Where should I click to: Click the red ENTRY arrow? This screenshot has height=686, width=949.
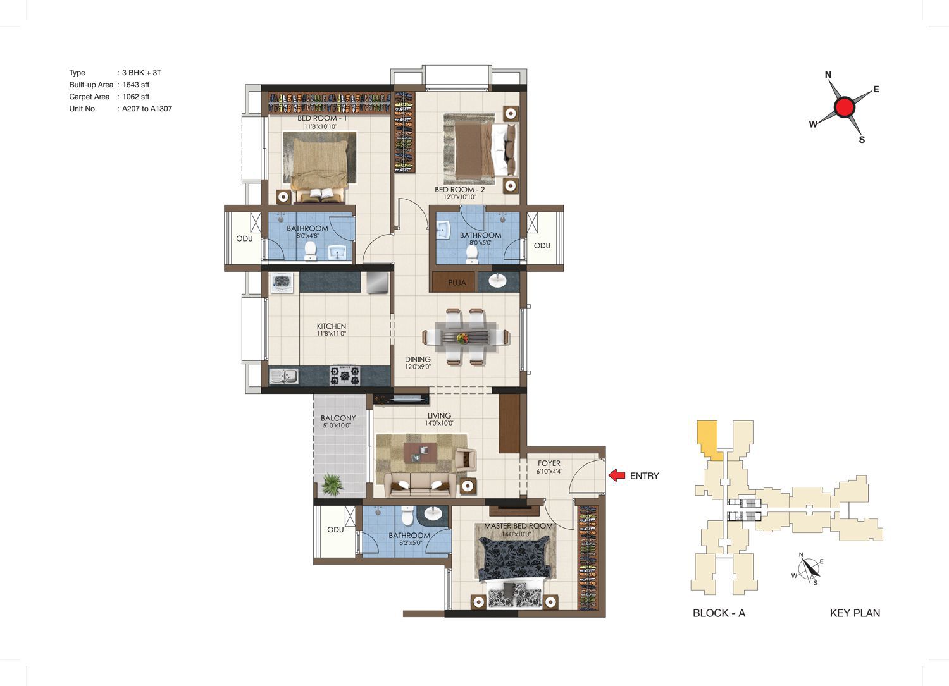[617, 475]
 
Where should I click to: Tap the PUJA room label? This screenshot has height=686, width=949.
[457, 283]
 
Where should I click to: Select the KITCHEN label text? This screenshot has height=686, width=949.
[332, 326]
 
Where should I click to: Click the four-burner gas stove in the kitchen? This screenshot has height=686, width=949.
[345, 375]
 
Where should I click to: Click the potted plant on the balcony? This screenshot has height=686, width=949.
[333, 484]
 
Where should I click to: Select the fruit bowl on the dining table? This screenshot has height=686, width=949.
[462, 338]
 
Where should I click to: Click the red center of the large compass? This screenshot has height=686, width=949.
[845, 107]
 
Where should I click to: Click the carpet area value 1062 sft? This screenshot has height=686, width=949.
[135, 97]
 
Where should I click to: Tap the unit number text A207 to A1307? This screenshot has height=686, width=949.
[147, 109]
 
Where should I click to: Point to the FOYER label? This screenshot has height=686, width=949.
[549, 463]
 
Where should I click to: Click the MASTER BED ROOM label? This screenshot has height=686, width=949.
[518, 526]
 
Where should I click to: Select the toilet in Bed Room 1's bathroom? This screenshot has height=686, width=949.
[311, 250]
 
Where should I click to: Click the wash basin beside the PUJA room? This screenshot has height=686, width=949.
[497, 280]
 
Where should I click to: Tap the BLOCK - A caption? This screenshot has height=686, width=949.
[719, 613]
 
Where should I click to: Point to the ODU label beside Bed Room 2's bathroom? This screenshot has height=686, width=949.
[542, 245]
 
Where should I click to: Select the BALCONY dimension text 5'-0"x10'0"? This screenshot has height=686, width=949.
[337, 426]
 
